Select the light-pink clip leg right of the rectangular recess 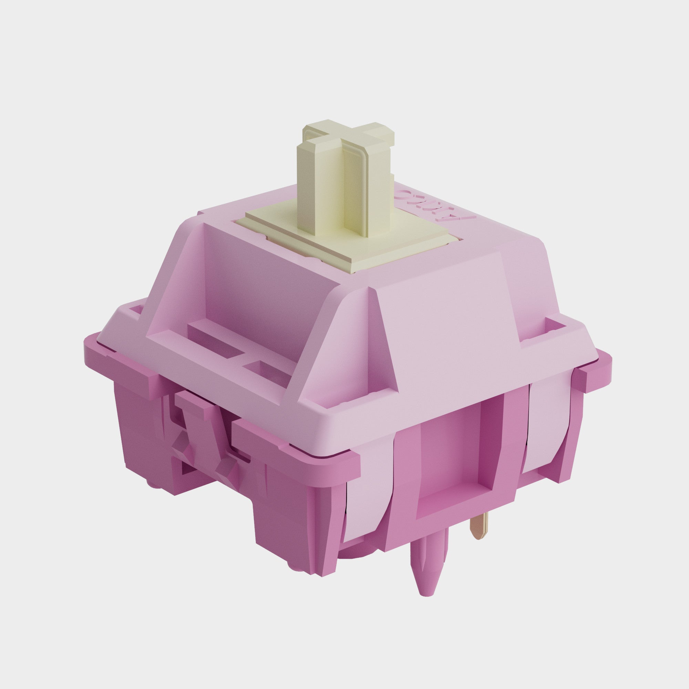tap(546, 428)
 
